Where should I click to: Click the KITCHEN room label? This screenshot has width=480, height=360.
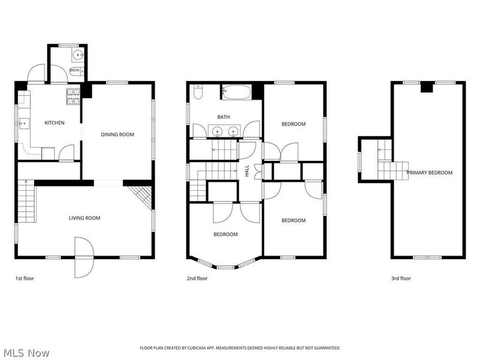point(55,123)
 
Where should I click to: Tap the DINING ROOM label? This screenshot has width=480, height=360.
point(118,134)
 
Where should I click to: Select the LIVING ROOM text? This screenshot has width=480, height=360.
point(85,218)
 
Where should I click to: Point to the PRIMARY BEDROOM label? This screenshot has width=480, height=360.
point(430,173)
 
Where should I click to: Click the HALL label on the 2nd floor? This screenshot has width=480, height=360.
point(247,171)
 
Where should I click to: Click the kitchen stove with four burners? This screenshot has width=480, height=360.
point(73,97)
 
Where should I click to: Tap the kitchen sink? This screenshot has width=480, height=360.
point(23,124)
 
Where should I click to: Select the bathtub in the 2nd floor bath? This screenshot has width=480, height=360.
point(236,92)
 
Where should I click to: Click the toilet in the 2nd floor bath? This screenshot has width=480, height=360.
point(198,92)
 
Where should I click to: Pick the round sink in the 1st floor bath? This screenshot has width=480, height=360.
point(79,55)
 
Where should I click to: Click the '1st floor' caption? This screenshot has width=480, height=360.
point(25,278)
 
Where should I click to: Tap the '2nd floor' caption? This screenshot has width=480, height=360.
point(197,278)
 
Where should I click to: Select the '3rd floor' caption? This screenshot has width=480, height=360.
point(401,278)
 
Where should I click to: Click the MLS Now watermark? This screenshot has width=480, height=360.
point(25,353)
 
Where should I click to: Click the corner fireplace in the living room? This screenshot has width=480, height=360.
point(141,197)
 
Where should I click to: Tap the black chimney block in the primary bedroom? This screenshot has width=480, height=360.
point(427,87)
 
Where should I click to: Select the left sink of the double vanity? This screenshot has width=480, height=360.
point(217,131)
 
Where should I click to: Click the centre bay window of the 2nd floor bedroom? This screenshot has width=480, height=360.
point(226,267)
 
